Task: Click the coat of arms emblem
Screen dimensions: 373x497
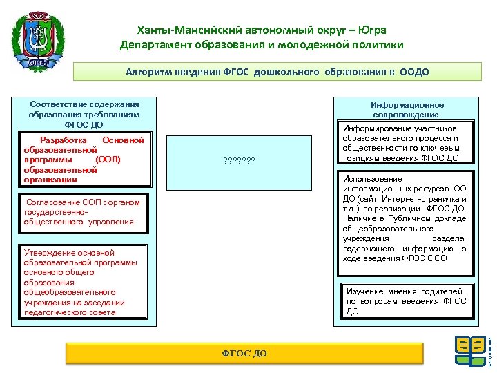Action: pos(40,40)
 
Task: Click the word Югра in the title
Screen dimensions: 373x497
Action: pos(371,30)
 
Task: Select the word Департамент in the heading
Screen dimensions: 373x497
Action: pos(153,45)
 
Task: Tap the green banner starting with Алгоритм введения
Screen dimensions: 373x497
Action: pos(276,71)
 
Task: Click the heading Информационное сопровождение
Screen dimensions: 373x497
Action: pos(407,109)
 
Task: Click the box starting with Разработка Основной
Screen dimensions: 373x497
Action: pos(84,160)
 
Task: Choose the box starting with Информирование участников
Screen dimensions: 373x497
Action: pos(406,143)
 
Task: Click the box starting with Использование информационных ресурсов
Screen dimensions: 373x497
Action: pos(406,218)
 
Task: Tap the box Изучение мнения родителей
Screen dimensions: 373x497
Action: pos(406,301)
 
